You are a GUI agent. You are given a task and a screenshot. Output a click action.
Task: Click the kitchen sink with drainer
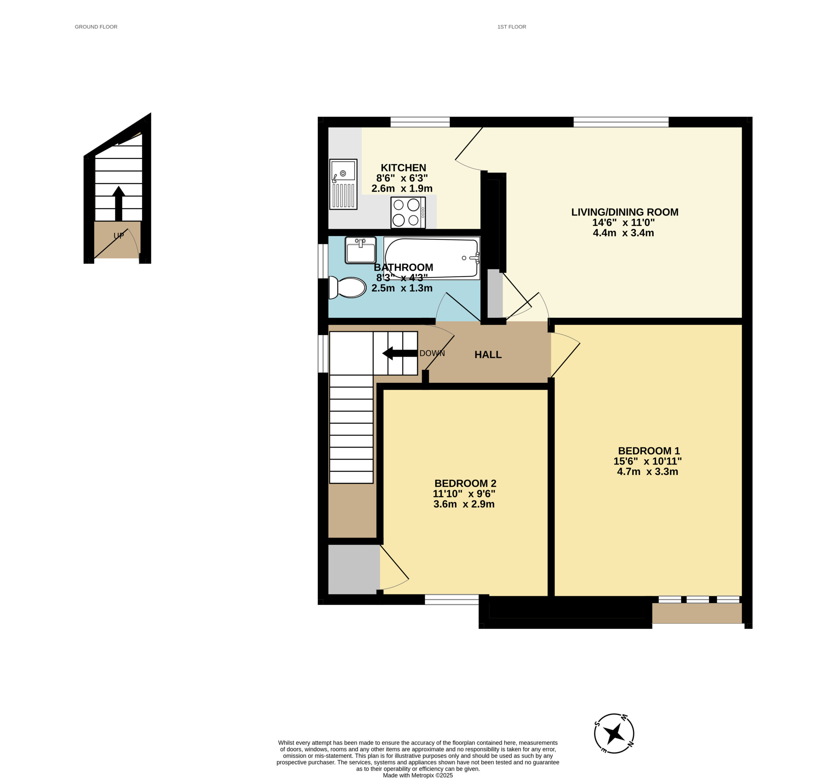point(343,184)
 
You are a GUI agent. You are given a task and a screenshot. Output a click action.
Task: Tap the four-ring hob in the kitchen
point(408,213)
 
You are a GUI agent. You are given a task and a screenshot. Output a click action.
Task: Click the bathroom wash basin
point(361,250)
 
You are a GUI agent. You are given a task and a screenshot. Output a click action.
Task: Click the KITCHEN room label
point(403,168)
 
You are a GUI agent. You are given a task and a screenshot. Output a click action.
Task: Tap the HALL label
point(488,354)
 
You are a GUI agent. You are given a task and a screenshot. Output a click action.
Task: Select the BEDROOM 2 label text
point(465,483)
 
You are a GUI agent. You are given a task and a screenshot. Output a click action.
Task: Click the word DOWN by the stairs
point(432,353)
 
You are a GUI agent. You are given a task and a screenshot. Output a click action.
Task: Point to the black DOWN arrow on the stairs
point(399,353)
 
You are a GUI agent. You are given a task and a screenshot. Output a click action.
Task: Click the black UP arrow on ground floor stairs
point(119,203)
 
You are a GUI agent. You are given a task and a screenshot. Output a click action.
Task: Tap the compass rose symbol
point(614,733)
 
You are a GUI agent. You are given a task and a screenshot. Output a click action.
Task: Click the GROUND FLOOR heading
point(96,27)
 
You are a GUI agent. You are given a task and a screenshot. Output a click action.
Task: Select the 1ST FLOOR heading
point(511,27)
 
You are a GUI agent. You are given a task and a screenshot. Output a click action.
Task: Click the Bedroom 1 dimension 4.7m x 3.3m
point(647,471)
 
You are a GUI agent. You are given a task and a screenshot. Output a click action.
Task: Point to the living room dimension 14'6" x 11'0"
point(623,222)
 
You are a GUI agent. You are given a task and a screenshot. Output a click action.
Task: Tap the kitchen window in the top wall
point(420,122)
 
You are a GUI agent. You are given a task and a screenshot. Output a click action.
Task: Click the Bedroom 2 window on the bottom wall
point(452,599)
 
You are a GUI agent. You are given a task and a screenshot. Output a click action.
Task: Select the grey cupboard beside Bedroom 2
point(354,569)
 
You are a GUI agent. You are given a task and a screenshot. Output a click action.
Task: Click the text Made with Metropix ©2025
point(418,775)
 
